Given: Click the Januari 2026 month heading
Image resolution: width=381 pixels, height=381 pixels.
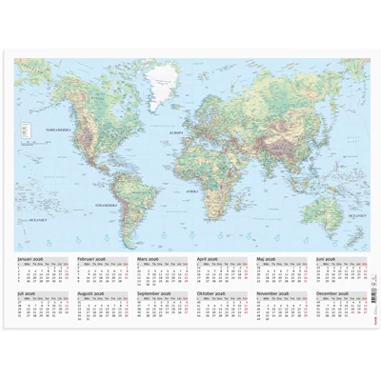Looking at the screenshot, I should [x=32, y=258].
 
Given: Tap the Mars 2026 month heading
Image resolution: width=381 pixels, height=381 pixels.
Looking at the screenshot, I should [x=149, y=258].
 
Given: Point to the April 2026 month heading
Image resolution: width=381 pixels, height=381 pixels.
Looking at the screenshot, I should [x=208, y=258].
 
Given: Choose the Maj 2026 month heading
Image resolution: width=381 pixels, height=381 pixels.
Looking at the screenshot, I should [x=267, y=258].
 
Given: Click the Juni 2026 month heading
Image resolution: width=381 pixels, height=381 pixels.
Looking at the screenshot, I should [x=326, y=258].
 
